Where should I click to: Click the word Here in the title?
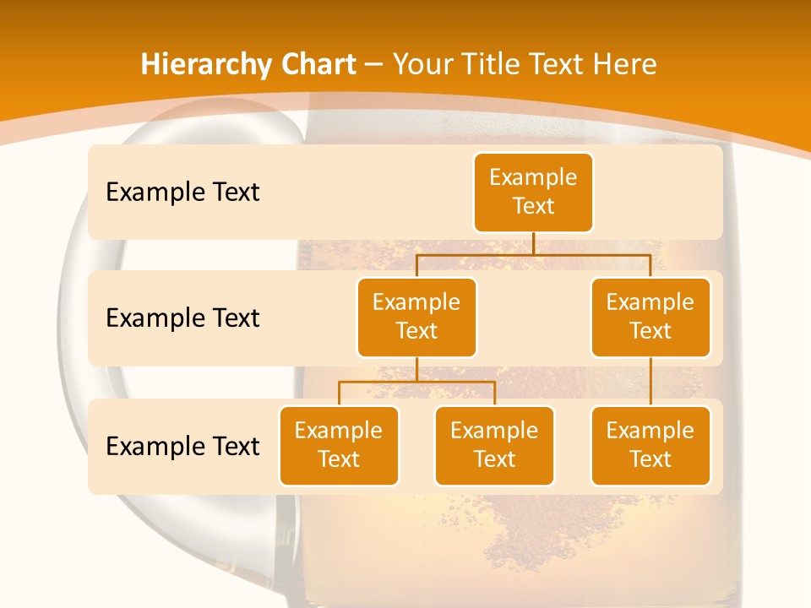pos(624,64)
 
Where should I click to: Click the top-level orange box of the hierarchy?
pos(533,192)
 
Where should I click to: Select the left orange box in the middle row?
pos(416,317)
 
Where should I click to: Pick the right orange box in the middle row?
pos(650,317)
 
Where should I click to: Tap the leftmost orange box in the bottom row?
pos(339,445)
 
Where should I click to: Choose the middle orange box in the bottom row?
pos(494,445)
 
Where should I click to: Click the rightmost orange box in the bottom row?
pos(650,445)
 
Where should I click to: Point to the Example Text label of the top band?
pos(182,192)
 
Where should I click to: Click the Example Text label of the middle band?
pos(182,318)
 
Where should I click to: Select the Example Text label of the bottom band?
pos(182,446)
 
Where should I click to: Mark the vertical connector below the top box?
pos(533,243)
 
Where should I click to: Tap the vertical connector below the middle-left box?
pos(416,369)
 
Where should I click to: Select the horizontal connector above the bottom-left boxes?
pos(380,382)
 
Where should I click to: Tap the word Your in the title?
pos(419,64)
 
